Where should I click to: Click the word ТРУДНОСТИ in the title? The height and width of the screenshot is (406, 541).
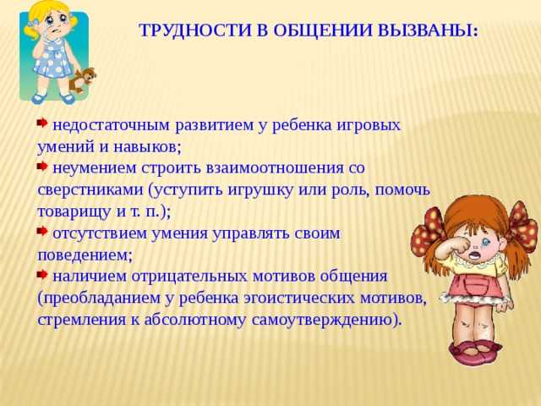pyautogui.click(x=195, y=30)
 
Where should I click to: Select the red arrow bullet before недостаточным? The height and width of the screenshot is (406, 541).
pyautogui.click(x=42, y=123)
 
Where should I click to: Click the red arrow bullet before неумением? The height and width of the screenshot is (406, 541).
pyautogui.click(x=42, y=167)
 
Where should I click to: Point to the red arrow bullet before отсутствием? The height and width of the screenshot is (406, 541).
pyautogui.click(x=42, y=231)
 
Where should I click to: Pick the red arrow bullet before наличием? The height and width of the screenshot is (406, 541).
pyautogui.click(x=42, y=275)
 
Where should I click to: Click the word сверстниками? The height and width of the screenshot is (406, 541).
pyautogui.click(x=90, y=190)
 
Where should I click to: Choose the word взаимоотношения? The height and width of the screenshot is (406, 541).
pyautogui.click(x=276, y=168)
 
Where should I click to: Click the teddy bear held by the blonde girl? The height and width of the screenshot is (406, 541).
pyautogui.click(x=81, y=80)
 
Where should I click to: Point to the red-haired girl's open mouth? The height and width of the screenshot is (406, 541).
pyautogui.click(x=475, y=255)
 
